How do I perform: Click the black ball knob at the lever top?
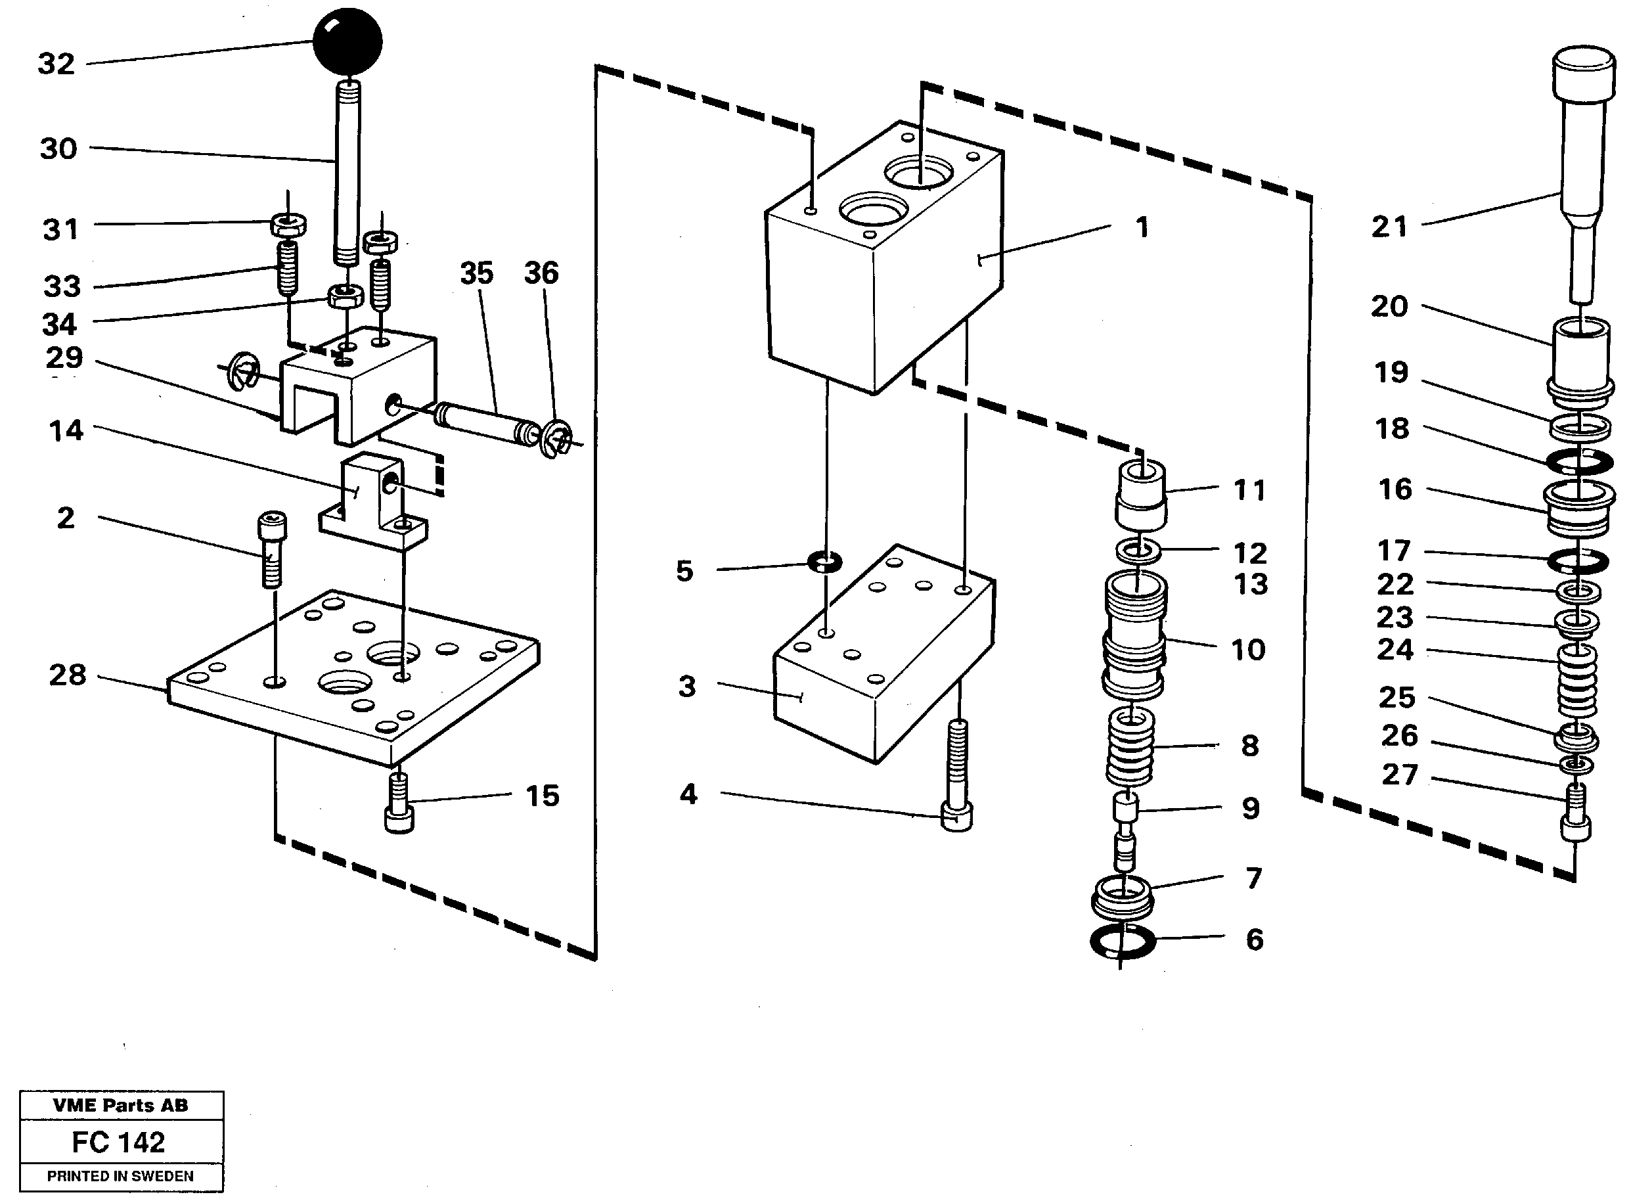pos(347,42)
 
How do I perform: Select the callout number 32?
pos(56,64)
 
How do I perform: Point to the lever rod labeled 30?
pos(346,175)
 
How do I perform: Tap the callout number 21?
pos(1389,227)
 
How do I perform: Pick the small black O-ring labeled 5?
pos(825,561)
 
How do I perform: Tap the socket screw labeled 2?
pos(272,549)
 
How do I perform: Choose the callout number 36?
pos(541,273)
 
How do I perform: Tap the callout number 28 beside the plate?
pos(67,675)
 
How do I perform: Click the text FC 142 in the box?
pos(118,1142)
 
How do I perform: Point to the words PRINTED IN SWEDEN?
pos(120,1176)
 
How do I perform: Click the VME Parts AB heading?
pos(120,1105)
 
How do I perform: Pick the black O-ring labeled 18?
pos(1579,462)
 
